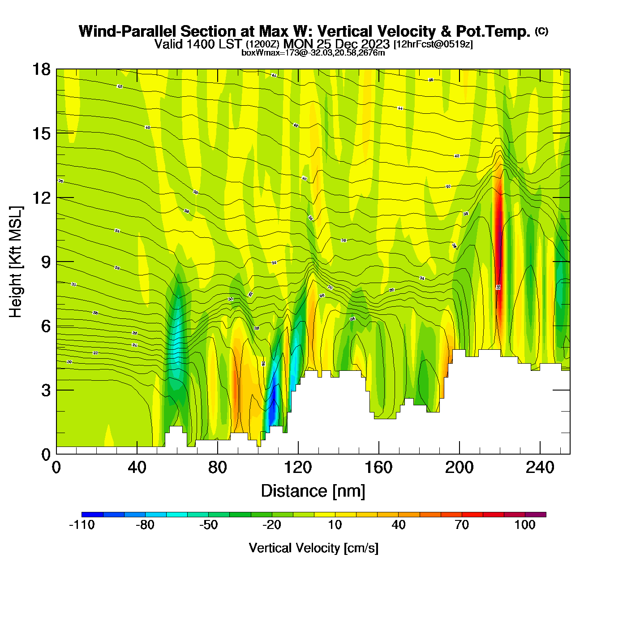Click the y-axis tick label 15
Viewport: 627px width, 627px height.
pos(42,133)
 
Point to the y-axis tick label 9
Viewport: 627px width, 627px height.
pos(46,262)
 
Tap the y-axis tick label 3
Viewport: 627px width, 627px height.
pos(46,391)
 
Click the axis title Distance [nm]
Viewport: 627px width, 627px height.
pos(313,491)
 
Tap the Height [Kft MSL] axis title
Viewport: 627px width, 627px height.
pos(16,262)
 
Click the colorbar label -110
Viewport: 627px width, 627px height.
pos(82,525)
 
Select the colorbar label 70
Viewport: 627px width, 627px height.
pos(462,525)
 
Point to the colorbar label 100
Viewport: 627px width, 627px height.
pos(525,525)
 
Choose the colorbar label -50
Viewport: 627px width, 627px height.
pos(209,525)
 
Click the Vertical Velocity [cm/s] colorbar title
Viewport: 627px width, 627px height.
pos(313,548)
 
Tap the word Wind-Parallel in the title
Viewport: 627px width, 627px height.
pos(128,31)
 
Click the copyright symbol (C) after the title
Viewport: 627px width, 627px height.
pos(541,31)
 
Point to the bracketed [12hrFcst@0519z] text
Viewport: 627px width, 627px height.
pos(433,44)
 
